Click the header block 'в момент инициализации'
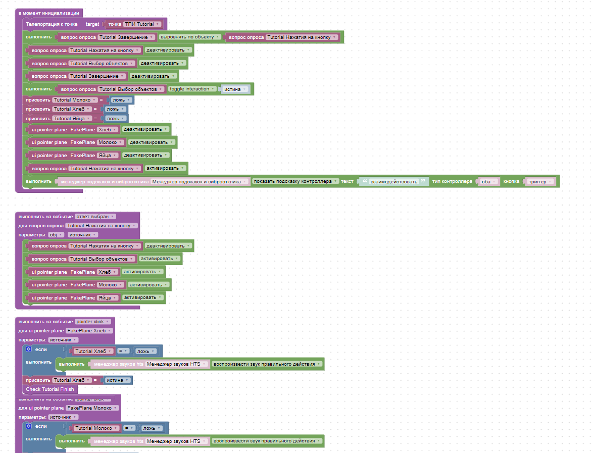[x=48, y=13]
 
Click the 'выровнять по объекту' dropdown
[x=190, y=37]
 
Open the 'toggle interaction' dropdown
[x=192, y=89]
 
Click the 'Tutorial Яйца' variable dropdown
[x=72, y=118]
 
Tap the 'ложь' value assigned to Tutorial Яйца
[x=116, y=118]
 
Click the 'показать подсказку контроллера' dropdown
[x=296, y=181]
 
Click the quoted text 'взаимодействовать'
[x=394, y=181]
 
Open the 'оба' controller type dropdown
[x=488, y=181]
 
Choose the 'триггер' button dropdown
[x=540, y=181]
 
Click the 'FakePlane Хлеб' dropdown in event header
[x=89, y=330]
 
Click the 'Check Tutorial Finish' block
[x=50, y=389]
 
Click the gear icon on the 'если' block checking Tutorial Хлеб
[x=29, y=349]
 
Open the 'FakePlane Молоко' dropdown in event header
[x=92, y=408]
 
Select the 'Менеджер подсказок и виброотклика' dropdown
[x=200, y=181]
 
